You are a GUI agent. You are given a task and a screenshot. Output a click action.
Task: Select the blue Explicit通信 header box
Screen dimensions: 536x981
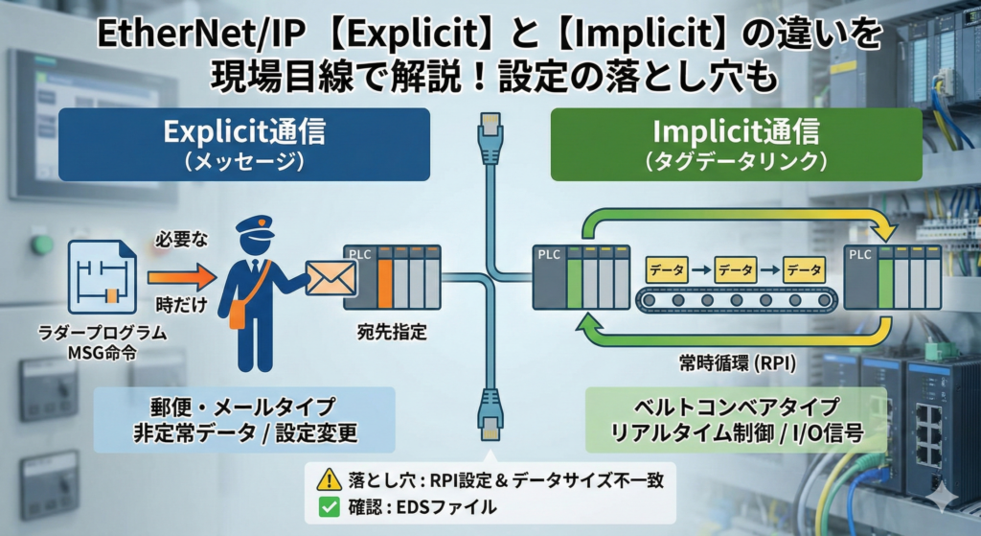pos(243,144)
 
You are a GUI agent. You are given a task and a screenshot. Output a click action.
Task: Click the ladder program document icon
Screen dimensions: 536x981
pos(102,278)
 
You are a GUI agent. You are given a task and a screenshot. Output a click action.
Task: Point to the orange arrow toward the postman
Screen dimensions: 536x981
pos(178,279)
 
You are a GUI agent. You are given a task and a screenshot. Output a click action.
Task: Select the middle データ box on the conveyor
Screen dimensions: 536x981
pos(736,270)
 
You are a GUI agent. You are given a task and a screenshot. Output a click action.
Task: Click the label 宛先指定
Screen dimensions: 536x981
pos(392,335)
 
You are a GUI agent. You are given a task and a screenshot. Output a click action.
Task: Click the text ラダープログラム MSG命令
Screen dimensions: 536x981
pos(104,342)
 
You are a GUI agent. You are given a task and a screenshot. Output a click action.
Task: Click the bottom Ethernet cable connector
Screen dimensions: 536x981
pos(490,408)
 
